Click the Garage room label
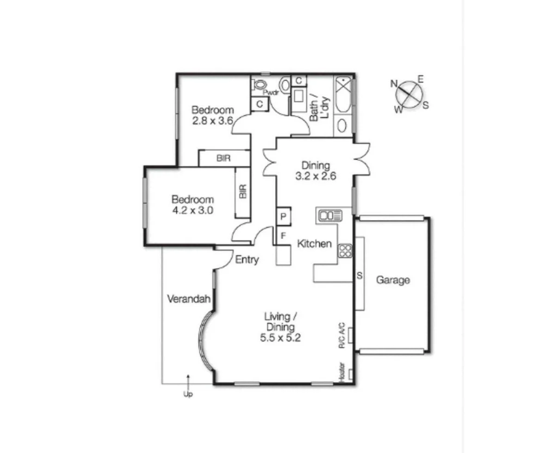pos(392,280)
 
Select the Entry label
pos(247,260)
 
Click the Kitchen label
pos(314,244)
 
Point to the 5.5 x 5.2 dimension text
pos(280,338)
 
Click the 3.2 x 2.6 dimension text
pos(316,176)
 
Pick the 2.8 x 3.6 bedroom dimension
pos(213,121)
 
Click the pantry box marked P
pos(283,216)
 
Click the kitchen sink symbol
pos(330,215)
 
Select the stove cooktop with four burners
pos(345,250)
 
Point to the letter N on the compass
pos(394,84)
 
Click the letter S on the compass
pos(426,105)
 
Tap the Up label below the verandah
pos(188,394)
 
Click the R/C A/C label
pos(342,335)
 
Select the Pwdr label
pos(273,92)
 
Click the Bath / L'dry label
pos(319,110)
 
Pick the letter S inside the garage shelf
pos(359,276)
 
